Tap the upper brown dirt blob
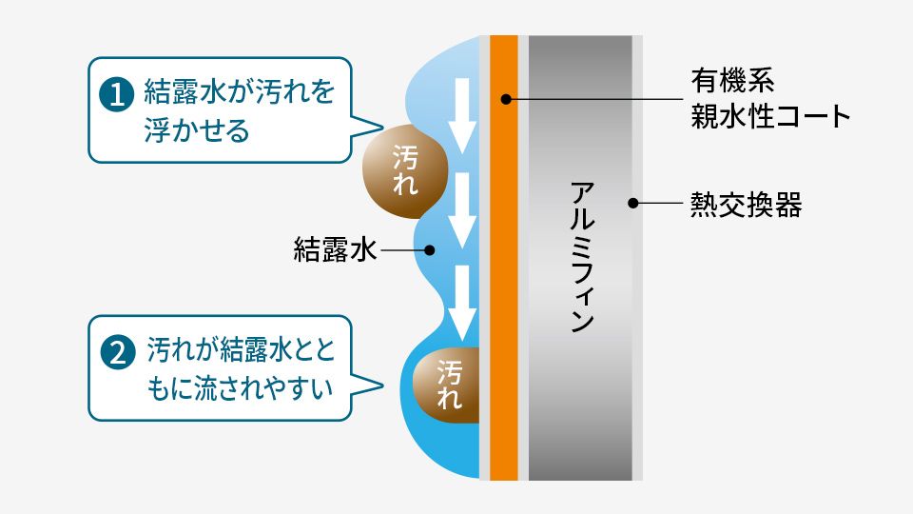point(404,168)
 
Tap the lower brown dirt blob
point(447,384)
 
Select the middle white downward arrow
point(463,209)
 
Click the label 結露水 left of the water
point(336,250)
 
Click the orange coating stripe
point(504,286)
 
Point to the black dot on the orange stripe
point(505,99)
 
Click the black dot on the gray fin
point(631,203)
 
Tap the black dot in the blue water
point(430,251)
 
